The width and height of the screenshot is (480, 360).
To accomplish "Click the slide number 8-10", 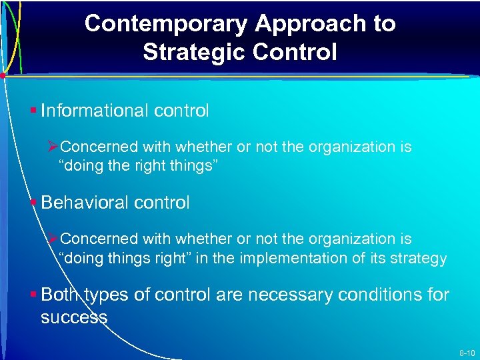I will (466, 351).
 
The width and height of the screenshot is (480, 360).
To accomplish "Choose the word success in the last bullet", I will (74, 317).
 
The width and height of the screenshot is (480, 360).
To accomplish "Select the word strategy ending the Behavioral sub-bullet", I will (420, 259).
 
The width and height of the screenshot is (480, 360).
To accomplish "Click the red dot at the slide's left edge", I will (3, 77).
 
